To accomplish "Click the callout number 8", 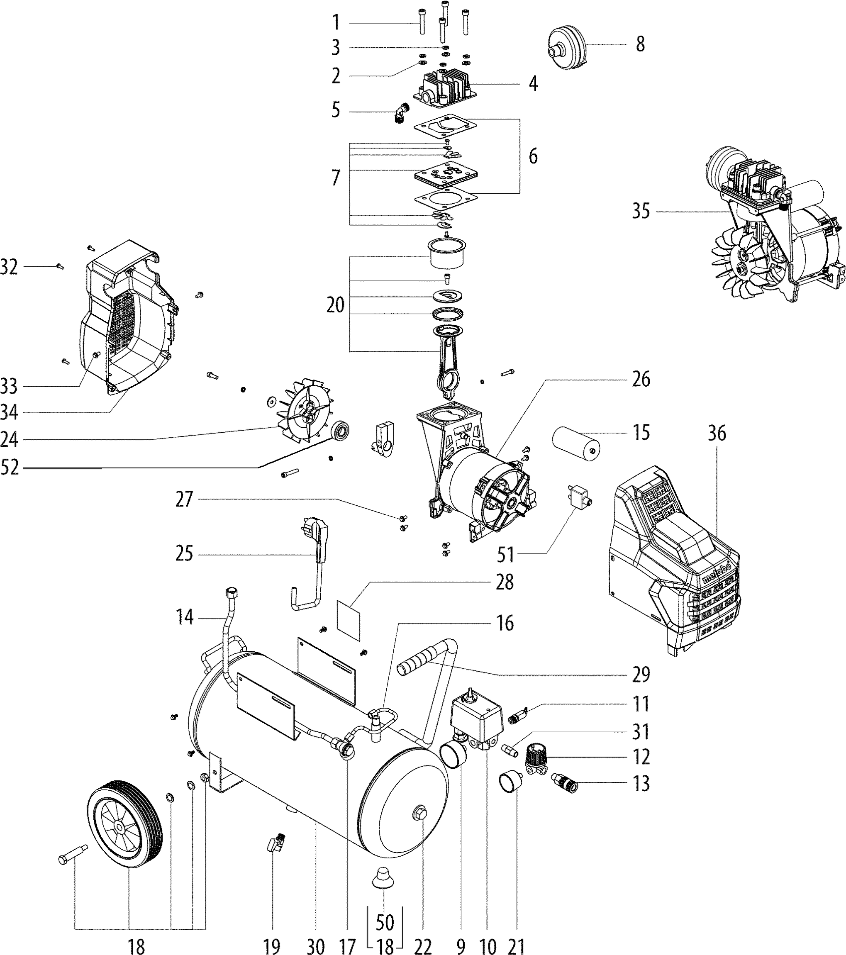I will click(640, 44).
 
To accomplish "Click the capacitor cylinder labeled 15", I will click(576, 441).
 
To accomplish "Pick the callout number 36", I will click(717, 433).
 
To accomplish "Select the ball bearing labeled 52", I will click(341, 430).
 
